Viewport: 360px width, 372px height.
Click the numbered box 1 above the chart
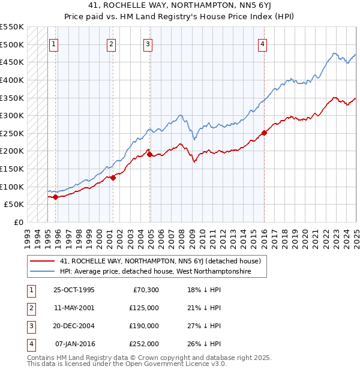coord(54,44)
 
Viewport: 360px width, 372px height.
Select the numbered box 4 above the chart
coord(263,44)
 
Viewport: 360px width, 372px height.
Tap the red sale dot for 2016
coord(264,133)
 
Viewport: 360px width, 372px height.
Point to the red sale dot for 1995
coord(55,197)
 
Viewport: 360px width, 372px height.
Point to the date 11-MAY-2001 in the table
coord(74,308)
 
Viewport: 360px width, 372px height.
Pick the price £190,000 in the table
coord(144,326)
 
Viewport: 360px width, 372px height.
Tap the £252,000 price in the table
coord(144,344)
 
